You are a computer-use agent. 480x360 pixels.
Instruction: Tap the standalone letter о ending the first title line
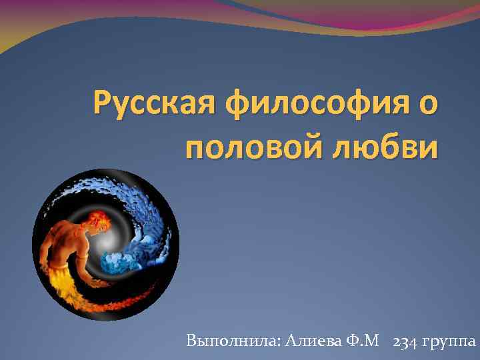point(429,105)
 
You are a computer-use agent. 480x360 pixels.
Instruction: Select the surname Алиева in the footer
point(313,341)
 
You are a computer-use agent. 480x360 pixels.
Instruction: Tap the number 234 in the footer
point(407,341)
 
